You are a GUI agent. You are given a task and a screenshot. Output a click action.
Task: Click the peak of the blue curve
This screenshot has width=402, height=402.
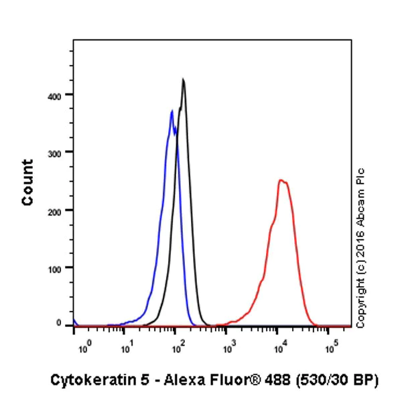(172, 111)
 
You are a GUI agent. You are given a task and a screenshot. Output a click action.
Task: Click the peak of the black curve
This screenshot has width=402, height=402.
(183, 80)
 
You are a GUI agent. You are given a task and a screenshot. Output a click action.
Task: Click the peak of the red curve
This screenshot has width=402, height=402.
(281, 180)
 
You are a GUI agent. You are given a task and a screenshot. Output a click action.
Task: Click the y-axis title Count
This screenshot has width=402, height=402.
(27, 182)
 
